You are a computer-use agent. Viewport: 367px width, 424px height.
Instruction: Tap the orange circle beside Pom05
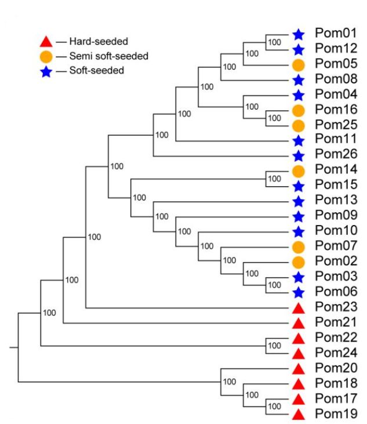click(x=299, y=64)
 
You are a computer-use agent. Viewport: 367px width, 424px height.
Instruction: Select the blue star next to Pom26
click(x=299, y=155)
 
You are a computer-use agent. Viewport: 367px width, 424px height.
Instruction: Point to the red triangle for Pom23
click(x=299, y=307)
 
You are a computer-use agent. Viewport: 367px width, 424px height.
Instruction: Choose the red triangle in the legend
click(x=46, y=42)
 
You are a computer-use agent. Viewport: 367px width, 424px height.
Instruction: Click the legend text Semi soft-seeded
click(x=108, y=56)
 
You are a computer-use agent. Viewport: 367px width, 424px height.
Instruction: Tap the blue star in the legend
click(x=46, y=71)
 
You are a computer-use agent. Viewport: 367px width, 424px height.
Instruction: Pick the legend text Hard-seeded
click(x=98, y=42)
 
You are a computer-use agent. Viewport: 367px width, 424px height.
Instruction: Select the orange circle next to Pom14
click(x=299, y=171)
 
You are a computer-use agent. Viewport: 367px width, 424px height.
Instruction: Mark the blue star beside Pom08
click(x=299, y=79)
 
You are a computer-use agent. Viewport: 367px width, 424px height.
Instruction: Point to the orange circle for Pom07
click(x=299, y=247)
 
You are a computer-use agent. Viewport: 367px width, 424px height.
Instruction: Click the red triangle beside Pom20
click(x=299, y=368)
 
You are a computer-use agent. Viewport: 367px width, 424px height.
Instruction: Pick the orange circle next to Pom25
click(x=299, y=125)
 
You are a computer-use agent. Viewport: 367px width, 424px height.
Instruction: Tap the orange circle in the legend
click(x=46, y=56)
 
